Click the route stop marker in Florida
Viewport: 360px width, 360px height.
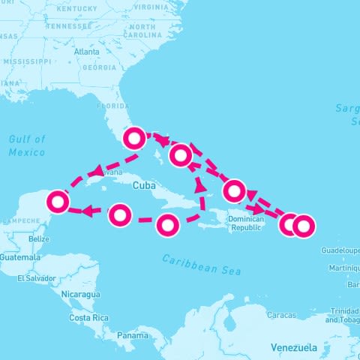tap(134, 138)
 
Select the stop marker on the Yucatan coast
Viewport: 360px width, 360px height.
tap(58, 202)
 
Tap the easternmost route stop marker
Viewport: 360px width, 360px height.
tap(303, 224)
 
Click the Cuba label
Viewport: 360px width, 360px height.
tap(144, 184)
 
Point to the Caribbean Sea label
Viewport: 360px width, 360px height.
tap(202, 264)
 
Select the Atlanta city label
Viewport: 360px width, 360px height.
tap(87, 52)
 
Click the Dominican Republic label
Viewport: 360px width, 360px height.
tap(245, 223)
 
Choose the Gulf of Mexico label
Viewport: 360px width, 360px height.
tap(27, 145)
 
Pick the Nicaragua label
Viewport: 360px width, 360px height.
tap(81, 294)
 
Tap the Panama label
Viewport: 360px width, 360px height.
tap(132, 335)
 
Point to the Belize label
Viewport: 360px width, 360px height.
tap(37, 238)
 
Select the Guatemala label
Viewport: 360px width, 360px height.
tap(20, 257)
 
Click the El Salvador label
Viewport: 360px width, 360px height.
tap(37, 278)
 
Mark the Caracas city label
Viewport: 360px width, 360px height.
tap(281, 315)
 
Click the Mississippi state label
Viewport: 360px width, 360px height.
tap(27, 61)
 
